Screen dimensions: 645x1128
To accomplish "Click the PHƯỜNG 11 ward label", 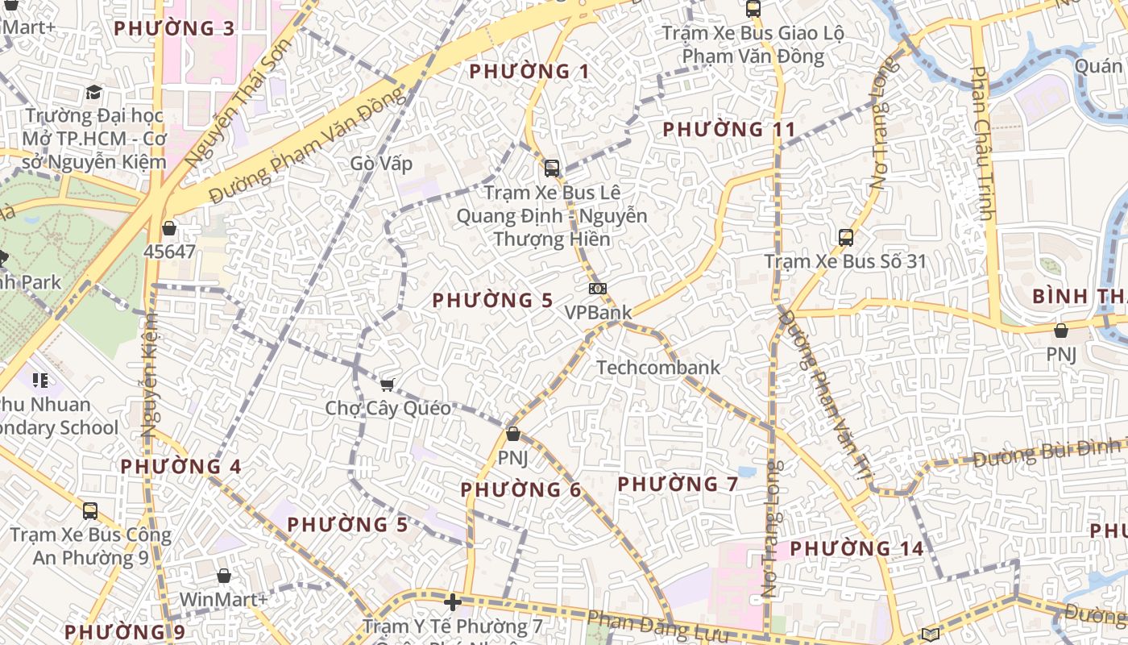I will [x=728, y=129].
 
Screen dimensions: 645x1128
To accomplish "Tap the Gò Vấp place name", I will [x=381, y=164].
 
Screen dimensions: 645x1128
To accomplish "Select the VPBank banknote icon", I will [x=597, y=289].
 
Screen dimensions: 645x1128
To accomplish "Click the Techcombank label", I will [x=658, y=368].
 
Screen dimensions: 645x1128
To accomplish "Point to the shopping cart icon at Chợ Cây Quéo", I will [x=387, y=385].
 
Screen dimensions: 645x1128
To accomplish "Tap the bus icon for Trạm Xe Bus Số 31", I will [x=845, y=238].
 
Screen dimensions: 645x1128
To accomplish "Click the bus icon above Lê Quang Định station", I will [x=551, y=169].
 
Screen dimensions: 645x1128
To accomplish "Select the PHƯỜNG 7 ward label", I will [x=678, y=484].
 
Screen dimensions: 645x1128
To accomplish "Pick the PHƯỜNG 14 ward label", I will [x=856, y=548].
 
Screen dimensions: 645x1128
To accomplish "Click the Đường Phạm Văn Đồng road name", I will [x=306, y=145].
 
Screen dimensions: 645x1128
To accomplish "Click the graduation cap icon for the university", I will [x=93, y=92].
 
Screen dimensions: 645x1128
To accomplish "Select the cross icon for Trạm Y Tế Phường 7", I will [x=453, y=602].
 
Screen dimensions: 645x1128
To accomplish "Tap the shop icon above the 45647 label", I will [x=169, y=229].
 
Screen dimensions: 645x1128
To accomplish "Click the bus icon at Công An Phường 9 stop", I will [x=90, y=510].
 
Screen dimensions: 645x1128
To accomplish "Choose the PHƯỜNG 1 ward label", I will [x=529, y=72].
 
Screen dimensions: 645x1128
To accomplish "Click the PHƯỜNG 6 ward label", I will [x=520, y=489].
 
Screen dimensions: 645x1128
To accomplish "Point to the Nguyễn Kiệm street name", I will [x=151, y=375].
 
